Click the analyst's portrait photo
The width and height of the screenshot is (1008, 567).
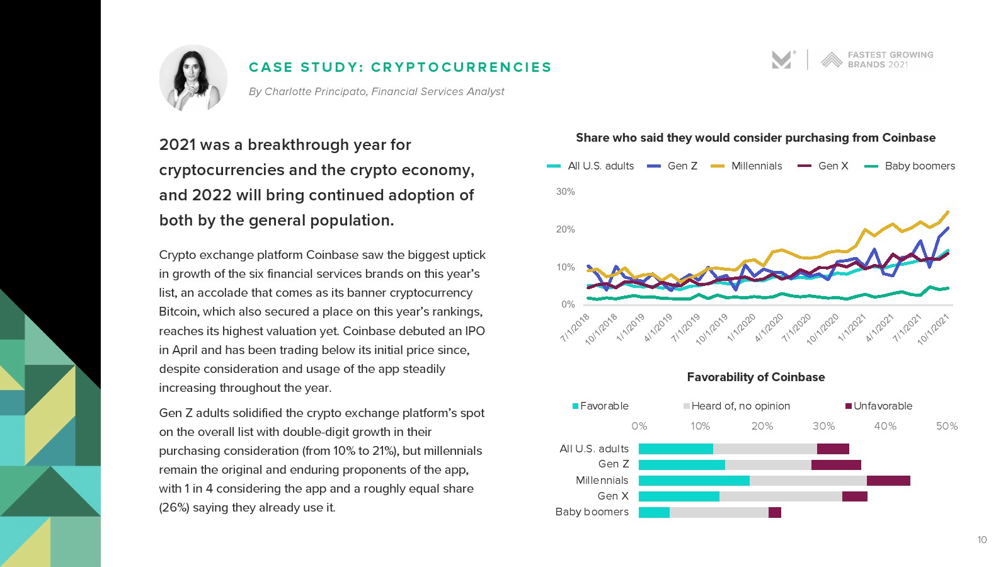193,78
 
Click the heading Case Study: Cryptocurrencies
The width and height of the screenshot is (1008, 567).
400,67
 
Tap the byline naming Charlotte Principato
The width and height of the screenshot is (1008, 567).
376,92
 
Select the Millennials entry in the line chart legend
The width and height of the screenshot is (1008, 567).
756,166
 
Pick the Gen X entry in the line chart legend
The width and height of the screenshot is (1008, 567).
833,166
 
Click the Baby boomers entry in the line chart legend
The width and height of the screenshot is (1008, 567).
919,166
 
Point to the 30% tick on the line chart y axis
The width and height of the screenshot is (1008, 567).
565,192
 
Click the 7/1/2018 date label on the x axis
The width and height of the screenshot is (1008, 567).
575,328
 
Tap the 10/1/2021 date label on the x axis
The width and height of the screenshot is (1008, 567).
932,329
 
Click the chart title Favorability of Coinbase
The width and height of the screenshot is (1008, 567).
755,377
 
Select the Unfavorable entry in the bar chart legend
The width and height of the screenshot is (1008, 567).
882,406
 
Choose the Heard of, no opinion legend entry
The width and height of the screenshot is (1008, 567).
740,406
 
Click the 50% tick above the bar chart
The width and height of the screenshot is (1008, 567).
946,427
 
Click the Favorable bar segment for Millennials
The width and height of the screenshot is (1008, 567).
694,481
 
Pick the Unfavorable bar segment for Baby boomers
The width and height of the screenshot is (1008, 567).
774,512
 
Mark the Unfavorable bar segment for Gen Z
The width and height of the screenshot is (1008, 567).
836,465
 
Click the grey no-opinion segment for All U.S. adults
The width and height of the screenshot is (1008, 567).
765,449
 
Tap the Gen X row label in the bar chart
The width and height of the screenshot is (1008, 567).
612,496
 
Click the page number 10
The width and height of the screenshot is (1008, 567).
982,540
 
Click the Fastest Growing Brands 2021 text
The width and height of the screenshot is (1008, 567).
890,60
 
